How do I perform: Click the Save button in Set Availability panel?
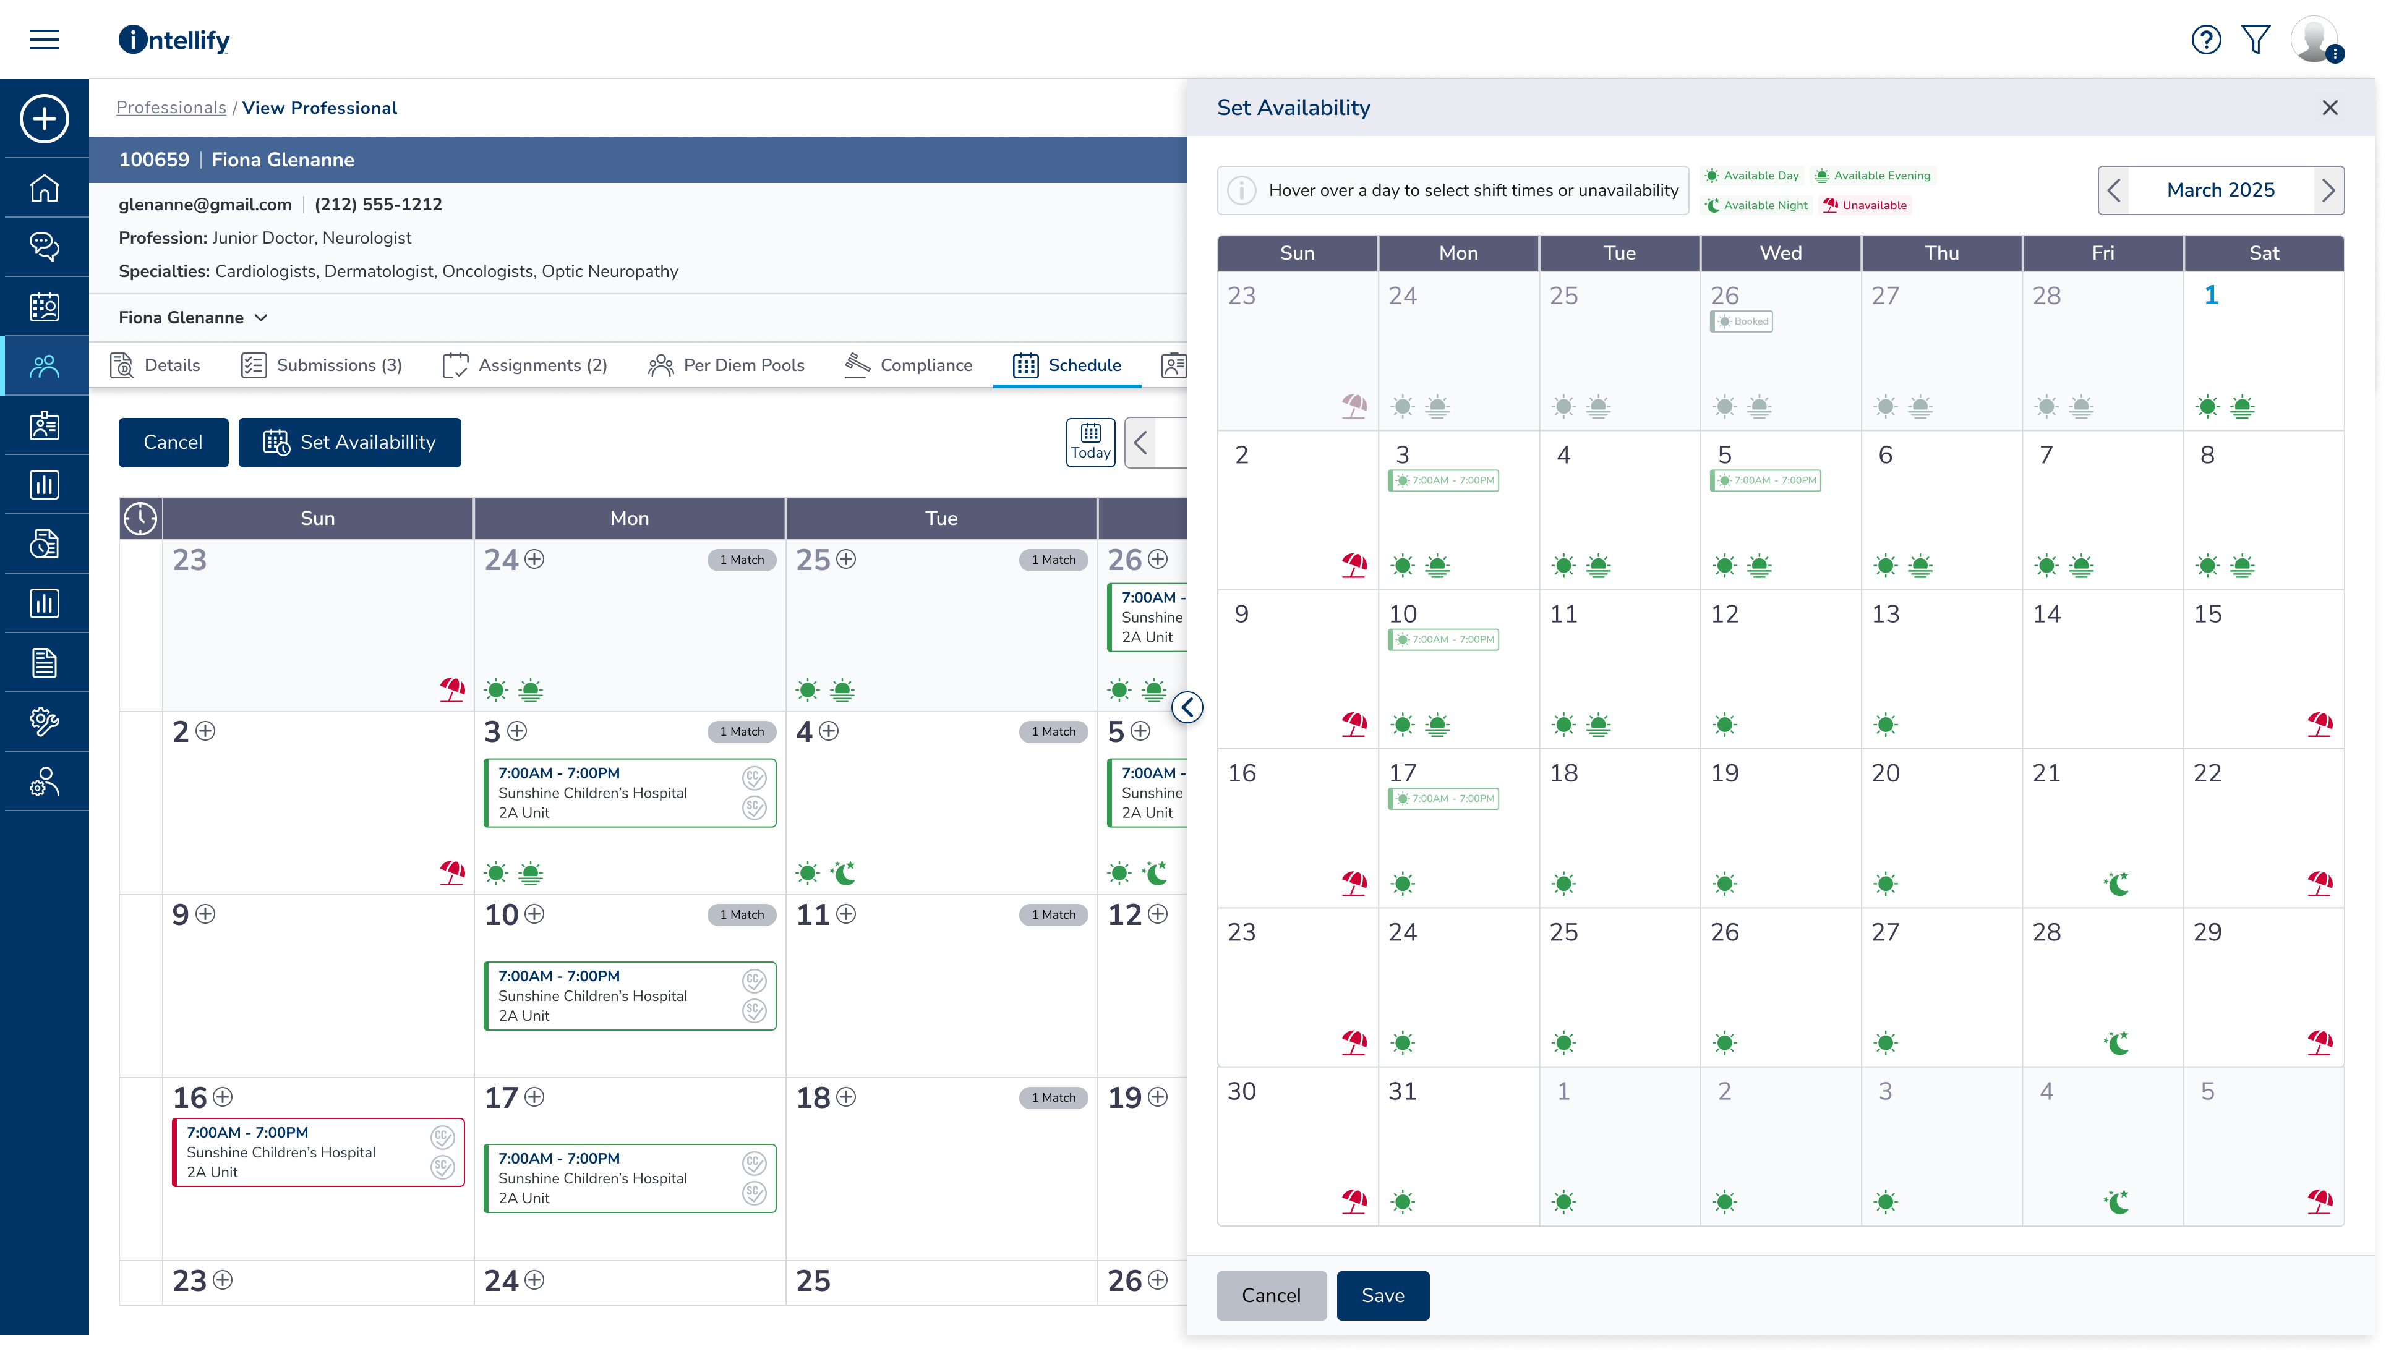coord(1382,1295)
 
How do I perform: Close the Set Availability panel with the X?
coord(2329,108)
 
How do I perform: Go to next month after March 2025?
coord(2327,190)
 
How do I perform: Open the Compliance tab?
coord(908,365)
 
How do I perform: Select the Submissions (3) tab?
coord(321,365)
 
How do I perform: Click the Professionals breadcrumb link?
coord(171,108)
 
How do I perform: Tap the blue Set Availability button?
coord(350,443)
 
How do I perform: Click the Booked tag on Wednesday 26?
coord(1742,321)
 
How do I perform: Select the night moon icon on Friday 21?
coord(2116,884)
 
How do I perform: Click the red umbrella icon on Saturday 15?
coord(2319,725)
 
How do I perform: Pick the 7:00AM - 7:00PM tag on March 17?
coord(1443,799)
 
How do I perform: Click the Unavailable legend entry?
coord(1865,205)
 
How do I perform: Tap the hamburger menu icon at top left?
coord(45,40)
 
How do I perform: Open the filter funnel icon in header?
coord(2256,40)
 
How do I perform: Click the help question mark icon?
coord(2205,40)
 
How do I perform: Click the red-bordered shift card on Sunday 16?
coord(318,1152)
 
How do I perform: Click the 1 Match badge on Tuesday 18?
coord(1053,1097)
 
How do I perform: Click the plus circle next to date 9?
coord(205,914)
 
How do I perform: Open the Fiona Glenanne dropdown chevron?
coord(262,318)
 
